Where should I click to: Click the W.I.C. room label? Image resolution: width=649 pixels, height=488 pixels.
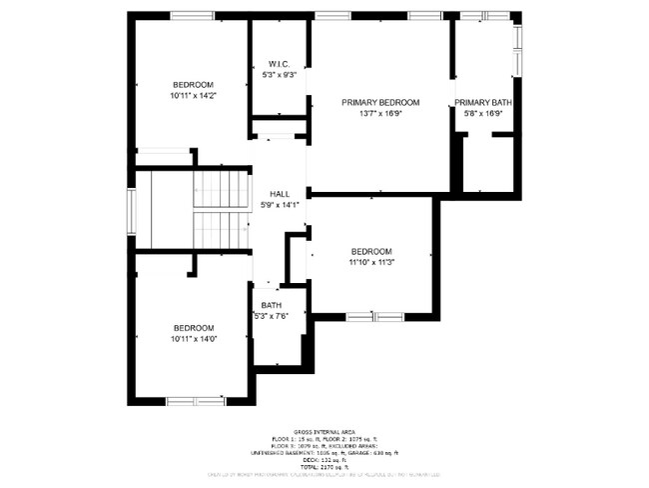pos(279,63)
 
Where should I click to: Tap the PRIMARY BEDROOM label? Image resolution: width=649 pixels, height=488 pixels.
pos(379,102)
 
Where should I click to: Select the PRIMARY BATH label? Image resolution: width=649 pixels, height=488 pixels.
pos(483,102)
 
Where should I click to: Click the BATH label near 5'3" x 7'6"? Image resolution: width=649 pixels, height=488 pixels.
pos(272,305)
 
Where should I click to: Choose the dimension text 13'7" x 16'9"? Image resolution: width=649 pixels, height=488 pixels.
pos(379,113)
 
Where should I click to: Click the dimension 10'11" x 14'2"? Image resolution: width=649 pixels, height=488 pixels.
pos(193,95)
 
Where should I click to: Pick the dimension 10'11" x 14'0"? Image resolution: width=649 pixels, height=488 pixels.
pos(193,338)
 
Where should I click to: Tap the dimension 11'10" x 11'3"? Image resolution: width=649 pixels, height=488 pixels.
pos(370,262)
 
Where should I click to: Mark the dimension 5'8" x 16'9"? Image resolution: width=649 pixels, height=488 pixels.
pos(483,113)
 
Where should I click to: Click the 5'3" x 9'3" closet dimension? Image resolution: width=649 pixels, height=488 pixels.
pos(279,74)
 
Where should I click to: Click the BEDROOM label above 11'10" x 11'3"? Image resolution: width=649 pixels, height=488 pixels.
pos(370,251)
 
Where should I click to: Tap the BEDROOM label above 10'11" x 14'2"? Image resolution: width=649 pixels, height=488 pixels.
pos(193,84)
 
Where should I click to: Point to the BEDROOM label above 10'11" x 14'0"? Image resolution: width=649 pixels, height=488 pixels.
pos(193,327)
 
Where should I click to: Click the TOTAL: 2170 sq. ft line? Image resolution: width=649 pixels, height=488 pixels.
pos(324,468)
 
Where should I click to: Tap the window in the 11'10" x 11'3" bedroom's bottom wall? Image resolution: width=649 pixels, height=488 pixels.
pos(373,317)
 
